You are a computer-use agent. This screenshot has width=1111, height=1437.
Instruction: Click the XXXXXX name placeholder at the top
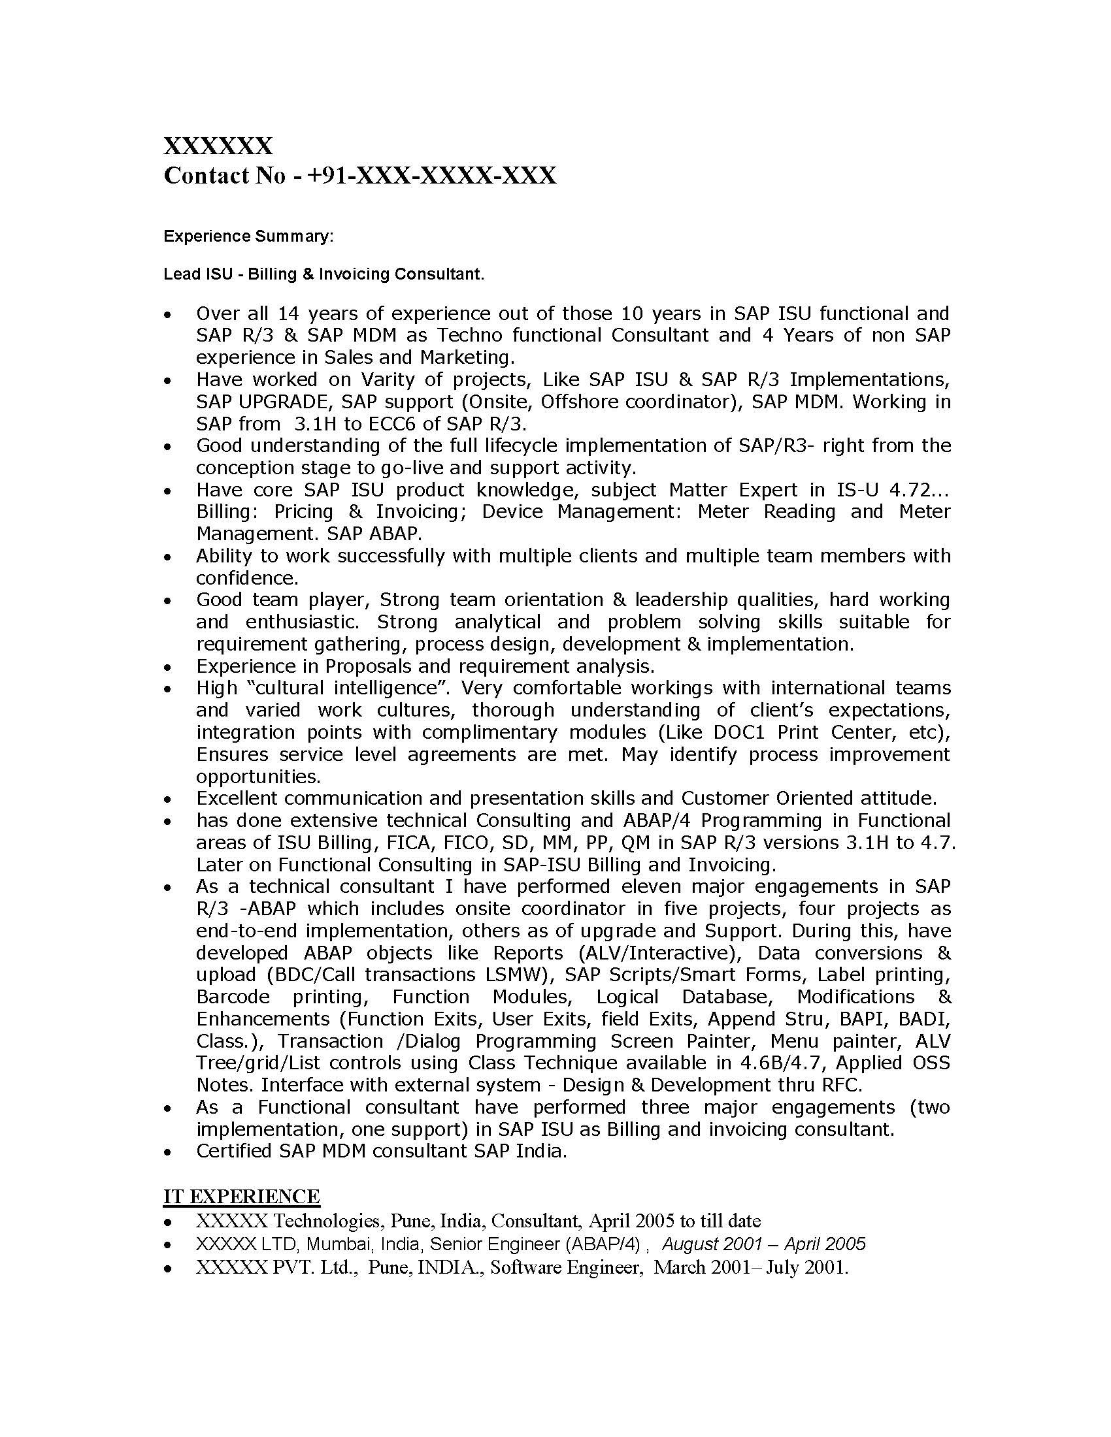[217, 146]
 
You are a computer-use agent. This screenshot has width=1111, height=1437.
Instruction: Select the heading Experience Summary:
[248, 236]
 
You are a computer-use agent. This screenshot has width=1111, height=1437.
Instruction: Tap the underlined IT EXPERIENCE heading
[242, 1195]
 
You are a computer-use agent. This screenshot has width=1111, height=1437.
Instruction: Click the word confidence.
[246, 577]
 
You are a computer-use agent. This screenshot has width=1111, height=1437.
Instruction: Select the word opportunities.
[257, 777]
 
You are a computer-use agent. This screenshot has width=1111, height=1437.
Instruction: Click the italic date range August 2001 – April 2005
[763, 1244]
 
